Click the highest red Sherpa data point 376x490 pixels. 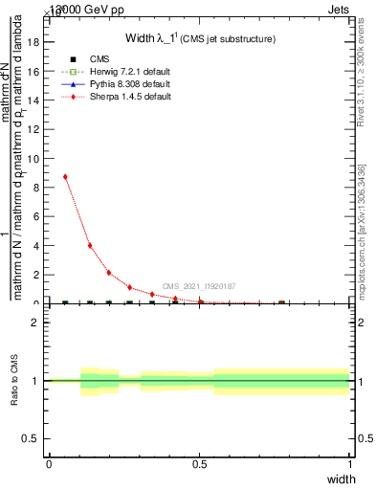point(65,177)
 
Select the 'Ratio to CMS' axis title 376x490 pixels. point(15,381)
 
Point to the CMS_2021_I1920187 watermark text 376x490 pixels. point(199,286)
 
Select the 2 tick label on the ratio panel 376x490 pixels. point(34,323)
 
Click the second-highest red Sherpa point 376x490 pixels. point(89,246)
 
